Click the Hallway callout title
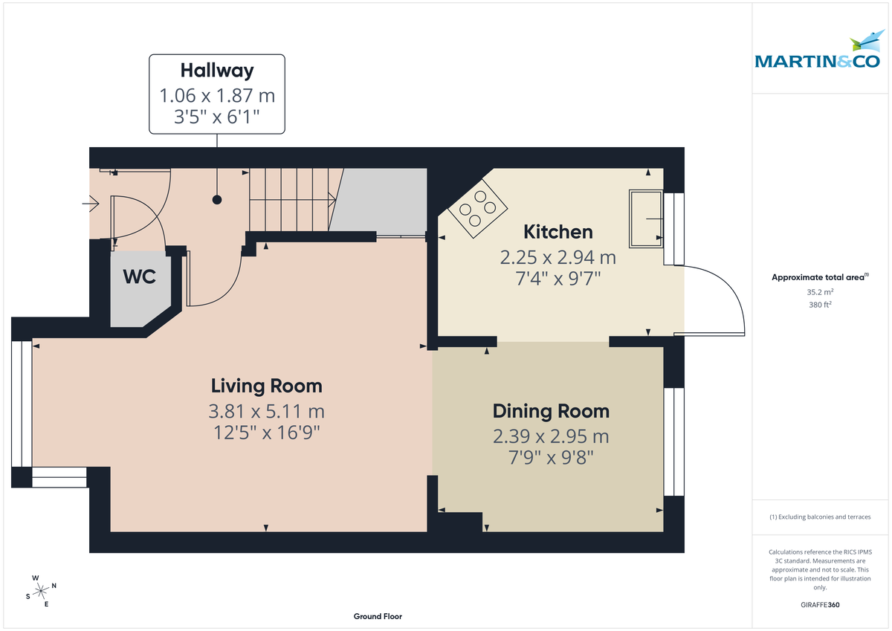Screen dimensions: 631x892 [216, 71]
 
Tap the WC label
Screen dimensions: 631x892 [139, 277]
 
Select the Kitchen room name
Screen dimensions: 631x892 [557, 232]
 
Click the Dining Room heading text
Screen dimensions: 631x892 [551, 411]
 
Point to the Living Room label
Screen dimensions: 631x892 [266, 386]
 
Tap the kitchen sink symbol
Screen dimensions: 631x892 [646, 219]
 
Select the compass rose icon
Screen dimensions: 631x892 [40, 591]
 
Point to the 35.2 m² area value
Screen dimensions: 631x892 [820, 292]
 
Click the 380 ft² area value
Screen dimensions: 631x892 [820, 305]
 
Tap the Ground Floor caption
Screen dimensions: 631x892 [378, 616]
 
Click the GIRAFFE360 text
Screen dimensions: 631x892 [820, 605]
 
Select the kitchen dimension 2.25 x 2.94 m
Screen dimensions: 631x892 [557, 258]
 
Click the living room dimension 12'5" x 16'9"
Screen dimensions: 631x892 [266, 432]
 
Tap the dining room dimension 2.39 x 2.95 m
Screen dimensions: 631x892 [551, 436]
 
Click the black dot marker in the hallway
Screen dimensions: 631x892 [217, 199]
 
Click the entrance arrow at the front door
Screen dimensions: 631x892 [94, 201]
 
